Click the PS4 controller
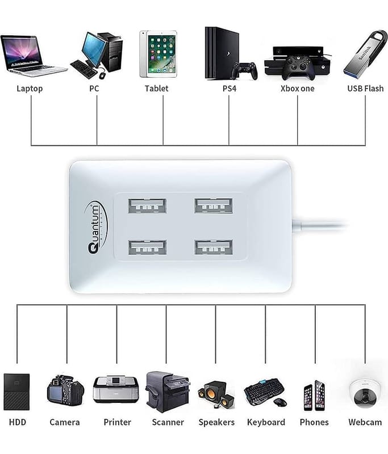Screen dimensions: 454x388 click(x=244, y=71)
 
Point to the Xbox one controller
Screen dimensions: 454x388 click(x=298, y=67)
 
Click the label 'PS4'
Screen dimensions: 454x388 click(x=230, y=89)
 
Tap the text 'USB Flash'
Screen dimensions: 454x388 click(x=365, y=89)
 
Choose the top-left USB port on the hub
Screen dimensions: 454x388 click(x=147, y=205)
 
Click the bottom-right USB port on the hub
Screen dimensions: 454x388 click(x=213, y=247)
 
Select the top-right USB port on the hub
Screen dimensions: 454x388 click(x=213, y=205)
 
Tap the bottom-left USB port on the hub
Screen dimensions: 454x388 click(x=147, y=247)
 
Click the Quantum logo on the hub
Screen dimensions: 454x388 click(x=94, y=227)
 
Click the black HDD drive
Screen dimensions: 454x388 click(x=16, y=392)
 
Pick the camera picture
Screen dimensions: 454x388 click(x=65, y=390)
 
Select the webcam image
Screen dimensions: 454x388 click(x=365, y=392)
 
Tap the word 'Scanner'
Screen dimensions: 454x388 click(x=168, y=422)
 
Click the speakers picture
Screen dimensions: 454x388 click(x=216, y=393)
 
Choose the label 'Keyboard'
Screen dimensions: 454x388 click(x=266, y=422)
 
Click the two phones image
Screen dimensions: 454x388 click(x=314, y=395)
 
